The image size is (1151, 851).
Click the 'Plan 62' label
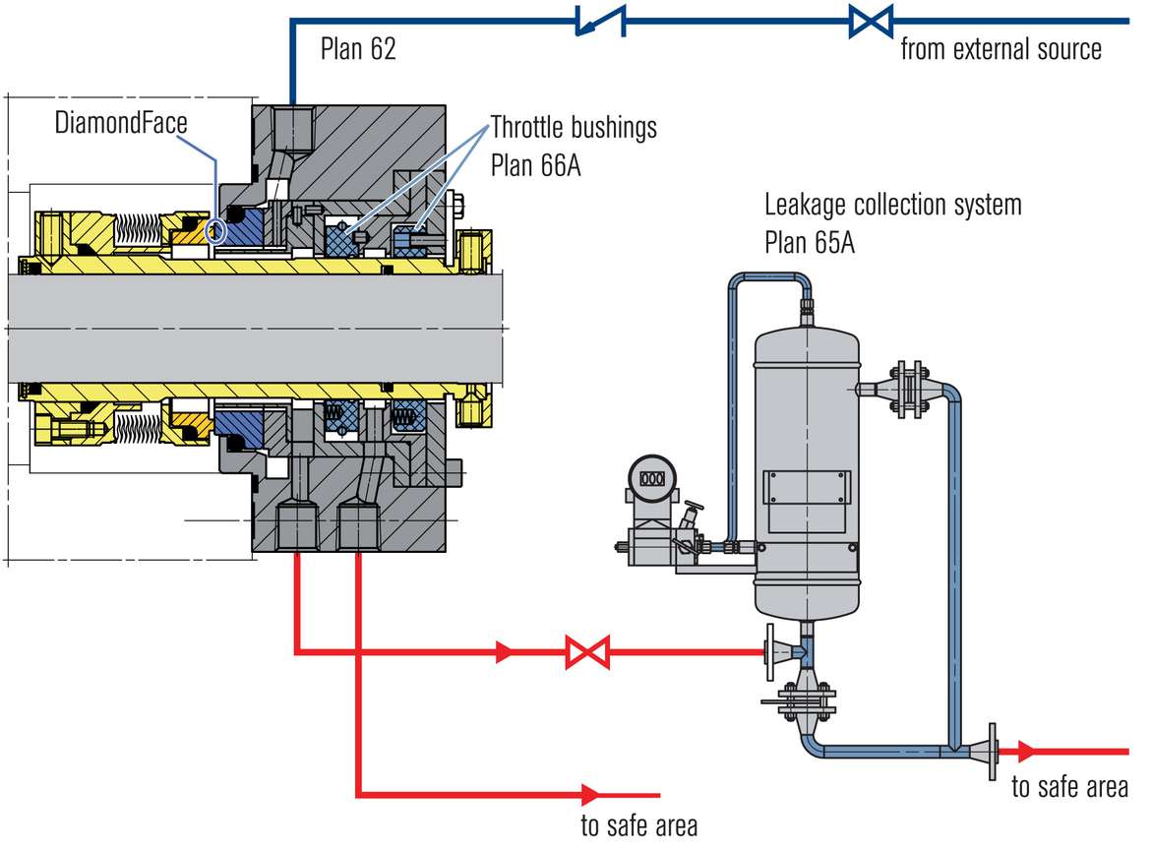pyautogui.click(x=358, y=49)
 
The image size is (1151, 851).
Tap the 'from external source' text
pyautogui.click(x=1000, y=49)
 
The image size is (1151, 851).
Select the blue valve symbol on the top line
pyautogui.click(x=871, y=20)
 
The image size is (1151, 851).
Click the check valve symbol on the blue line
pyautogui.click(x=600, y=19)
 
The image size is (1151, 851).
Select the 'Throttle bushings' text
pyautogui.click(x=574, y=128)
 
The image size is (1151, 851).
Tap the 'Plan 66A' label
pyautogui.click(x=535, y=164)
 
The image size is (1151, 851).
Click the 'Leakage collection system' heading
pyautogui.click(x=893, y=205)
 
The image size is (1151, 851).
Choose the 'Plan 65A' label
pyautogui.click(x=809, y=242)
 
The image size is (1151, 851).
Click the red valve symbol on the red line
pyautogui.click(x=587, y=651)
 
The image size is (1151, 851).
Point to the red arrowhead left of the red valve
pyautogui.click(x=505, y=651)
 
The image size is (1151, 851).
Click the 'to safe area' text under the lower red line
pyautogui.click(x=638, y=824)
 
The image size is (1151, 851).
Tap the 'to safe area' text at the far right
pyautogui.click(x=1069, y=787)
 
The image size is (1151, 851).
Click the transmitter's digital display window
pyautogui.click(x=652, y=479)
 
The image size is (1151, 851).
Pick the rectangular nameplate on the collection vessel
pyautogui.click(x=806, y=489)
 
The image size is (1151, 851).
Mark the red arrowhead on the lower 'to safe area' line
pyautogui.click(x=591, y=793)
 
